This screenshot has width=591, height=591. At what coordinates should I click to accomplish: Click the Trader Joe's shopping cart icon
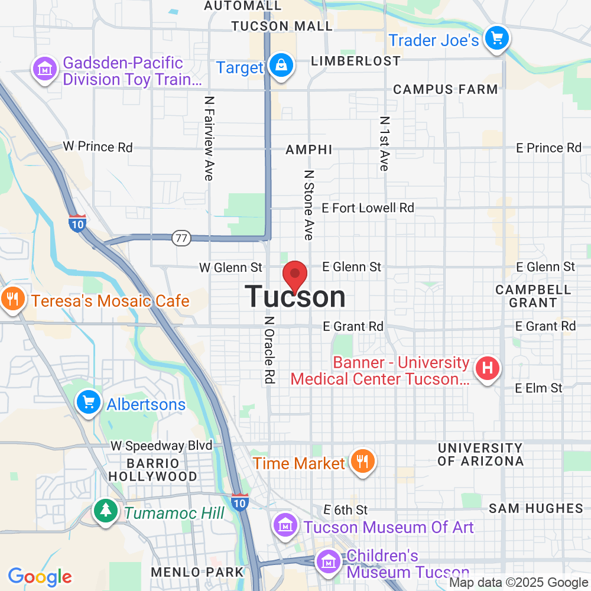click(496, 39)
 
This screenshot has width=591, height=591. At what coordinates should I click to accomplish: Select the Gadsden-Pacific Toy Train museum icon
click(44, 69)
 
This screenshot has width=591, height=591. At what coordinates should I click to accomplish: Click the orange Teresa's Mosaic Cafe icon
click(12, 298)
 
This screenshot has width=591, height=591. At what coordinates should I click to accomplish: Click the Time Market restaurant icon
click(360, 460)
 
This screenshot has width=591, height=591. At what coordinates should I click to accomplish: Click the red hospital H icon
click(487, 369)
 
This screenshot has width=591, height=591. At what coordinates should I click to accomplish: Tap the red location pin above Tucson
click(295, 275)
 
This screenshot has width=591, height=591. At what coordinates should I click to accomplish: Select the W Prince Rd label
click(98, 147)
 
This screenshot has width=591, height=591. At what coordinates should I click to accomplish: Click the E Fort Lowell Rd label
click(368, 208)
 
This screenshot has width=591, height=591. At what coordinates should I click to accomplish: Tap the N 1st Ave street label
click(384, 143)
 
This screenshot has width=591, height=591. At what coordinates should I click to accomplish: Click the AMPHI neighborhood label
click(309, 150)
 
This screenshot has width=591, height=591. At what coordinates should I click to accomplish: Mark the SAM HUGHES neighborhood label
click(536, 508)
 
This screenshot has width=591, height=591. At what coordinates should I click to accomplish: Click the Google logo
click(40, 576)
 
